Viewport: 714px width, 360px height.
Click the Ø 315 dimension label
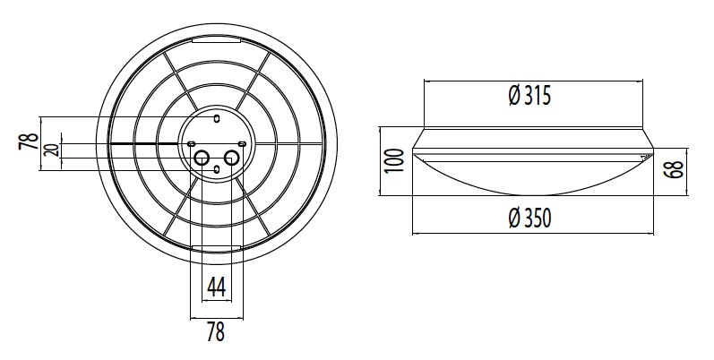click(x=529, y=96)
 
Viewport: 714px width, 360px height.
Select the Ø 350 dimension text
click(x=529, y=218)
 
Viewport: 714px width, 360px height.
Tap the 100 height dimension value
click(x=394, y=160)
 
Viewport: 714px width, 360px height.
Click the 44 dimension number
click(x=216, y=287)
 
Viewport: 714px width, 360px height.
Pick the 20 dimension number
click(x=53, y=150)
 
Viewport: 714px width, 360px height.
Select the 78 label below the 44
click(x=216, y=331)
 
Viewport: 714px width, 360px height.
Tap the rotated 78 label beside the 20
click(x=28, y=141)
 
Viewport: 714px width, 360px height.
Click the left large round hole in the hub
click(x=202, y=159)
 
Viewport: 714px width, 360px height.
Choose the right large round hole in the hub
click(x=232, y=159)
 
